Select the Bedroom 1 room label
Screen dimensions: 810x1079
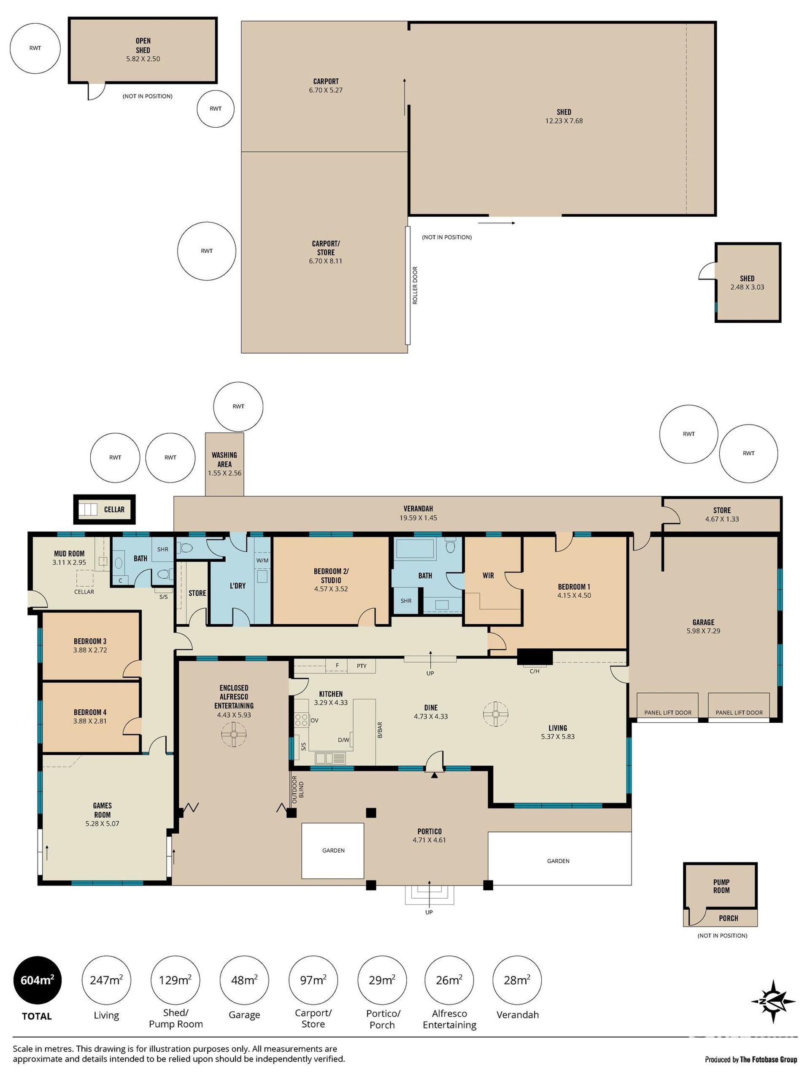(574, 587)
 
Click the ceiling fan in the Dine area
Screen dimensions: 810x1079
(496, 714)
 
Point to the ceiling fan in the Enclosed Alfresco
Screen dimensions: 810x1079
(234, 734)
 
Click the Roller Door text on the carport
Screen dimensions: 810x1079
(415, 285)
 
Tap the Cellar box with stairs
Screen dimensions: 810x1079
(104, 509)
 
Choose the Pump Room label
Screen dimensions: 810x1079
(721, 886)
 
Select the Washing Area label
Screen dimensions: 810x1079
(224, 459)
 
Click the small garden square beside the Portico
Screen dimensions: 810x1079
(332, 850)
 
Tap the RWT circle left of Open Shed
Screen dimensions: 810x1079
(35, 48)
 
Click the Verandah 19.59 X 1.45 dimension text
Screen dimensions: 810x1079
(418, 518)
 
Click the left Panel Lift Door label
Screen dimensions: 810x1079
(667, 713)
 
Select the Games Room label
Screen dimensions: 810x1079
(102, 810)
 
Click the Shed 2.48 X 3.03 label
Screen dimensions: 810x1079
(747, 282)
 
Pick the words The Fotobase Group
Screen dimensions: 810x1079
(769, 1060)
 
